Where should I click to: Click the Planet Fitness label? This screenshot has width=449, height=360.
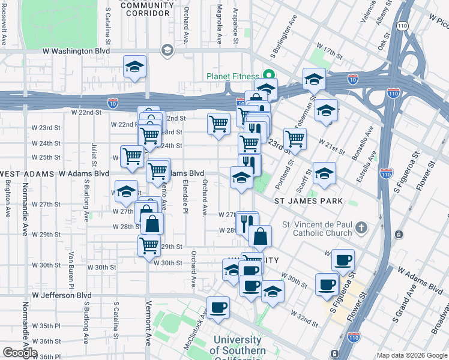pos(233,76)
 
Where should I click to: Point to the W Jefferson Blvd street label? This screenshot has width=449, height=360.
pos(62,295)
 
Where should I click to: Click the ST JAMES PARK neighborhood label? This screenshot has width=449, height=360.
pos(309,202)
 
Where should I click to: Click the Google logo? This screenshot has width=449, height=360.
pos(20,353)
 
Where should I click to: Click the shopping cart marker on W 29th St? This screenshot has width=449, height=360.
pos(149,244)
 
